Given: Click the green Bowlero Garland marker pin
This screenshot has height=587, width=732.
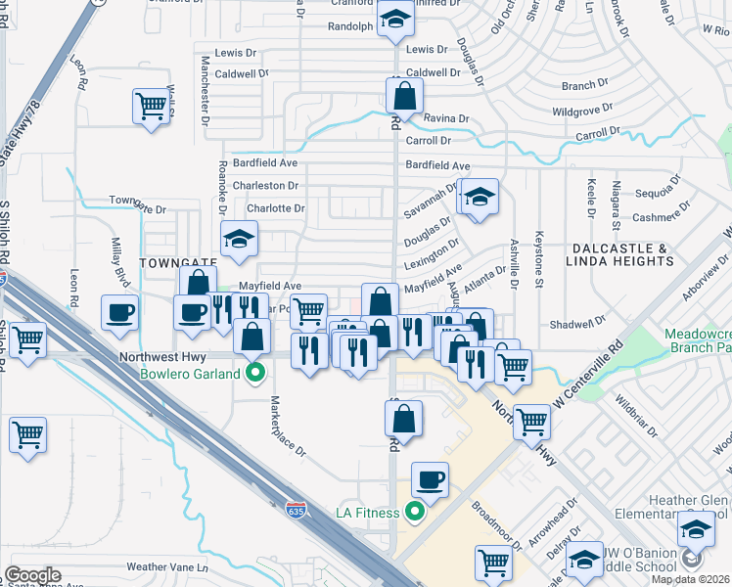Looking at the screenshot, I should [x=255, y=373].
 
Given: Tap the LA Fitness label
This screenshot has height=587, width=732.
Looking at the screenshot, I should [x=367, y=513].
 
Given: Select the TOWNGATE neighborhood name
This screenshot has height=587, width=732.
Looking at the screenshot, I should [x=175, y=263].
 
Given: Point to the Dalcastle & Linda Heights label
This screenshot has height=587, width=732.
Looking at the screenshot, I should [x=620, y=255].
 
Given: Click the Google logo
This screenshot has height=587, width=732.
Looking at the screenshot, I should [x=32, y=575].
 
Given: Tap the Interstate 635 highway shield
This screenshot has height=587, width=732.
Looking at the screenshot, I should [x=295, y=510].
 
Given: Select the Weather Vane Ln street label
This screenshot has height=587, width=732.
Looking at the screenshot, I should [x=167, y=566].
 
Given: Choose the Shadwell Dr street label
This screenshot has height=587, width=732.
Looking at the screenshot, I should [x=579, y=324].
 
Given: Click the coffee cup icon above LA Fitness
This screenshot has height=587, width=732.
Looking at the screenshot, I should [x=430, y=480].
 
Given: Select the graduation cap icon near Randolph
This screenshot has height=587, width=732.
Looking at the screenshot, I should [x=394, y=20].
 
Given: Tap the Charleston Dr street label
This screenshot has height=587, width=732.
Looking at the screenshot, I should [x=264, y=185].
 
